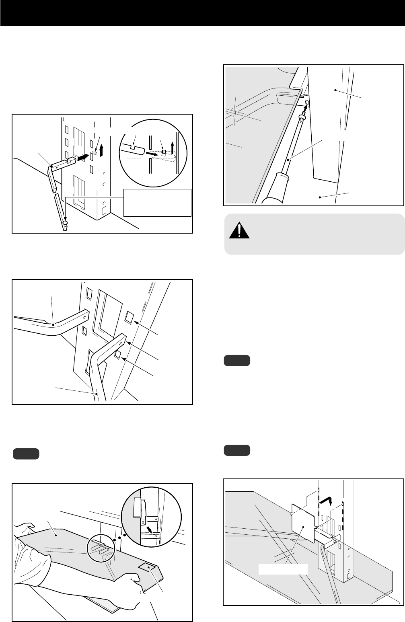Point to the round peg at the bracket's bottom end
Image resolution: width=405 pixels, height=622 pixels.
click(66, 222)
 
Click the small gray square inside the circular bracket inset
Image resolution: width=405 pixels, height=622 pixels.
click(164, 151)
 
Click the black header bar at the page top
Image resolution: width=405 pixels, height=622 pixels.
click(202, 13)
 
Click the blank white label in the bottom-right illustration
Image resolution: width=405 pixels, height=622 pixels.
click(283, 569)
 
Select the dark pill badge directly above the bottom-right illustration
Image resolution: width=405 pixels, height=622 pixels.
click(237, 449)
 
